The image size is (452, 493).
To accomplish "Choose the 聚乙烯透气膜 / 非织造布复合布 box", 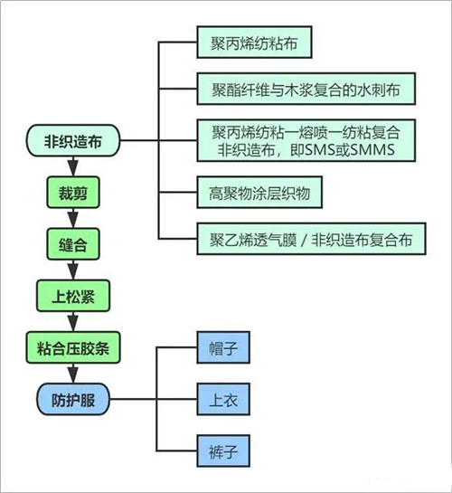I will point(306,241).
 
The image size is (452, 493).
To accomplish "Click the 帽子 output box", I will point(220,346).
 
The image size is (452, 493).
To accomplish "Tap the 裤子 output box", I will point(220,448).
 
